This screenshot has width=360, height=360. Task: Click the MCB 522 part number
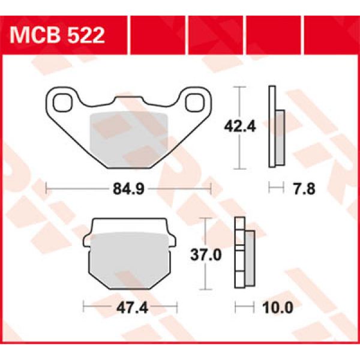tap(58, 35)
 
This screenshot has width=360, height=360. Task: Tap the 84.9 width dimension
tap(128, 190)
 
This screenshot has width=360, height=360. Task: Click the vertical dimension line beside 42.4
tap(240, 127)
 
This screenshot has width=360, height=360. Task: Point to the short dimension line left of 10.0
tap(243, 308)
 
